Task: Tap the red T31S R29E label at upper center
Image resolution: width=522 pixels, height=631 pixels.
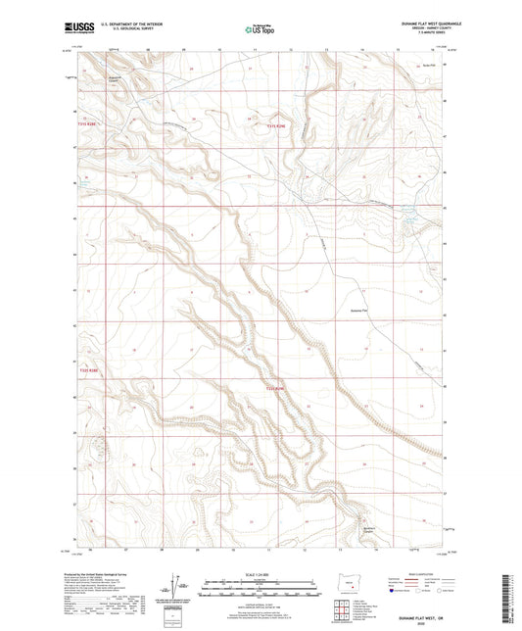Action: click(277, 125)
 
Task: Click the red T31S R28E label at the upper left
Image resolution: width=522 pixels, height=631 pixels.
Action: click(88, 124)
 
